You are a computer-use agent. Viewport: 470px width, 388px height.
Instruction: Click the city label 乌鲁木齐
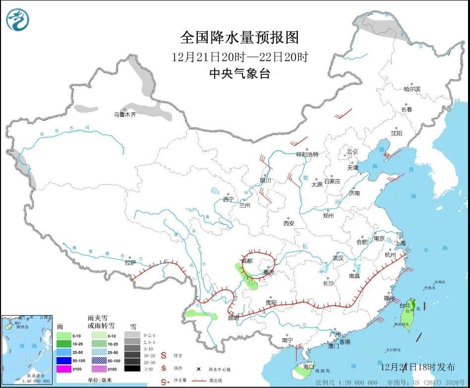125,114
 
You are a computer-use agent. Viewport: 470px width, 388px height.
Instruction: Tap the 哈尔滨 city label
411,89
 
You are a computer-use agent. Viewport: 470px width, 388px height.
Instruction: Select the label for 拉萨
130,263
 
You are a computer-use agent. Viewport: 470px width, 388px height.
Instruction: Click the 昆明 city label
233,318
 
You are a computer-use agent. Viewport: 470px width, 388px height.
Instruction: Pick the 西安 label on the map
289,223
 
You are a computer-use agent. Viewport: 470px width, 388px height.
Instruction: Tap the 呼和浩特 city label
307,155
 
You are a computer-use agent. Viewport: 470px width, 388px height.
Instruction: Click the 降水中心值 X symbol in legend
198,369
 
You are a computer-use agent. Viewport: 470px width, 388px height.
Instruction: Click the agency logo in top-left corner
17,19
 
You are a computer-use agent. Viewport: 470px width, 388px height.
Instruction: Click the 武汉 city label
338,258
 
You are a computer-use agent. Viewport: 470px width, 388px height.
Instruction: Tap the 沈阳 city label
396,133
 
